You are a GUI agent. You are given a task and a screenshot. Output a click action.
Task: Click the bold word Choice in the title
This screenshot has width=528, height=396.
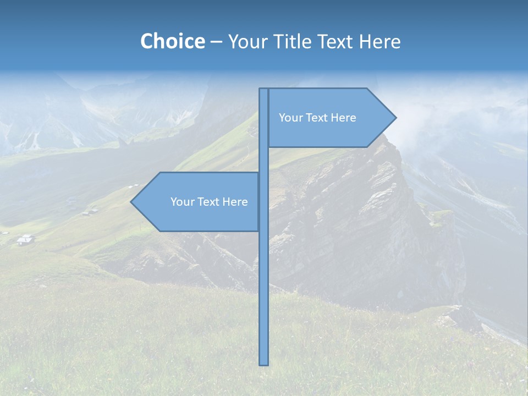click(x=172, y=42)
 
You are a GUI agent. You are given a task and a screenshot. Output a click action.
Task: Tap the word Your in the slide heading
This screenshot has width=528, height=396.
click(x=248, y=42)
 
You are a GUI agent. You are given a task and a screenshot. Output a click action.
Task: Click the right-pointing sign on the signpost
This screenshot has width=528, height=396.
click(x=330, y=132)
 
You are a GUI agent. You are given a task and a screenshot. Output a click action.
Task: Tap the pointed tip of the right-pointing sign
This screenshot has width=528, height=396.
click(x=394, y=118)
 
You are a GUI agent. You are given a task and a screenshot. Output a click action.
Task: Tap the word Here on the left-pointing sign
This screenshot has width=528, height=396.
click(x=235, y=202)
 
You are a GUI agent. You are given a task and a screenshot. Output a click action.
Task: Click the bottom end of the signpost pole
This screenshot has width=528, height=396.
click(x=264, y=362)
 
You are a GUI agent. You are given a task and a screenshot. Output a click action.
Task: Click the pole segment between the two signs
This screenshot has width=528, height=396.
click(x=264, y=159)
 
